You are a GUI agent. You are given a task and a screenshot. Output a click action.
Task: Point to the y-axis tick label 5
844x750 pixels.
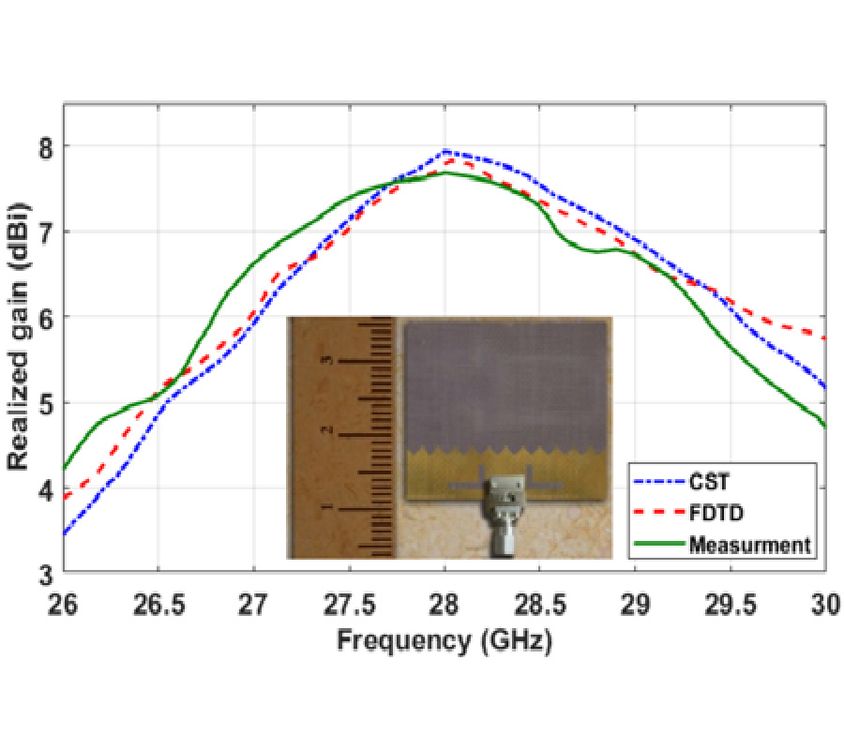[44, 403]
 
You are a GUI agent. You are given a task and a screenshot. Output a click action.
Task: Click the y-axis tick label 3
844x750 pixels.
[44, 574]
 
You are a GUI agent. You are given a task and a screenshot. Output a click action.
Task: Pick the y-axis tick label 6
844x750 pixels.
[44, 318]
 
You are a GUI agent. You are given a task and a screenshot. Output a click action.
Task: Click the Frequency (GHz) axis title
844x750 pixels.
[445, 641]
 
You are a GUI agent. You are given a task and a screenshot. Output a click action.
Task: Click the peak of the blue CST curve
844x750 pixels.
[445, 151]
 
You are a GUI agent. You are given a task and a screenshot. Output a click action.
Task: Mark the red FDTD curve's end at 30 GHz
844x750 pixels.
[824, 337]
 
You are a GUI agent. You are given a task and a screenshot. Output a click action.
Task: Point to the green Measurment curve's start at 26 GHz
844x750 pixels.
[65, 468]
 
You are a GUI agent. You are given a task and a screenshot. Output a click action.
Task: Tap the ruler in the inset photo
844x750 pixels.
[342, 436]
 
